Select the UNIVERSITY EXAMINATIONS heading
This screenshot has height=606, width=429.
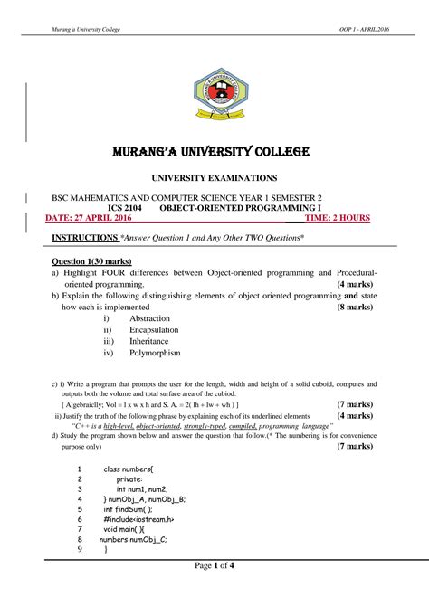214,179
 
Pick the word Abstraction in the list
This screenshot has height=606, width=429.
150,318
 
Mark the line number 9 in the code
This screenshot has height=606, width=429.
80,549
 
